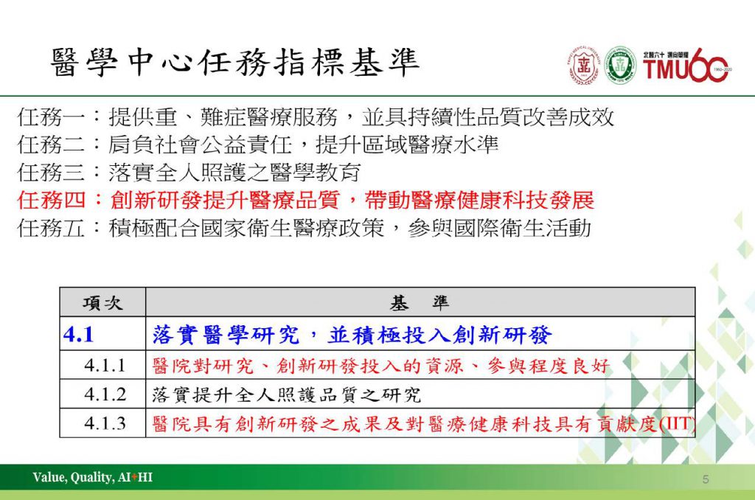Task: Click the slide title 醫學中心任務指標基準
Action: point(235,63)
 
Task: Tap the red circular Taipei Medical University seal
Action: point(584,66)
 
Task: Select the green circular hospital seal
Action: point(619,66)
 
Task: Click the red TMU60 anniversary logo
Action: point(686,65)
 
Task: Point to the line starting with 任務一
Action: point(316,117)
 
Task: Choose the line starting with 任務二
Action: point(257,145)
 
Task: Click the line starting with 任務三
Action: point(189,172)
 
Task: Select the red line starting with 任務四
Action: point(306,200)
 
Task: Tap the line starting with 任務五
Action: point(304,228)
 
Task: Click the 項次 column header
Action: point(102,303)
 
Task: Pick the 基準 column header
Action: point(420,302)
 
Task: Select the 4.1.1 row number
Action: point(105,366)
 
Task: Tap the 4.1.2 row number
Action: point(105,395)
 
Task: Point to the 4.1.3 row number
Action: point(105,423)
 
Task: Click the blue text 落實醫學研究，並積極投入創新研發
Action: point(352,335)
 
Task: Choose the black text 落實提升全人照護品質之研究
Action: point(287,395)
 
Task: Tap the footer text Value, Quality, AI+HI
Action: point(92,477)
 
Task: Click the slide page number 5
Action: point(706,479)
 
